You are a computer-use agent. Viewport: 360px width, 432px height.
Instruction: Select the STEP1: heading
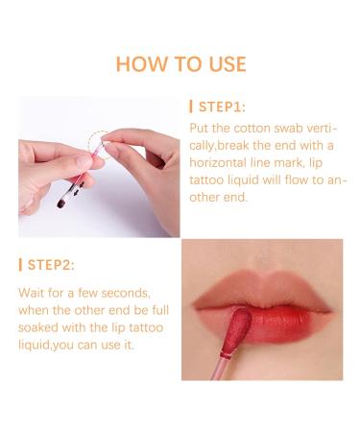click(224, 107)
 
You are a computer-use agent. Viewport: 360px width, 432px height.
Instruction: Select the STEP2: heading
click(52, 264)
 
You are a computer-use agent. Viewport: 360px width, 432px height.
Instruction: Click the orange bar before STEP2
click(19, 264)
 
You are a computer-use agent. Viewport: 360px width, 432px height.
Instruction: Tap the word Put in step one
click(197, 128)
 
